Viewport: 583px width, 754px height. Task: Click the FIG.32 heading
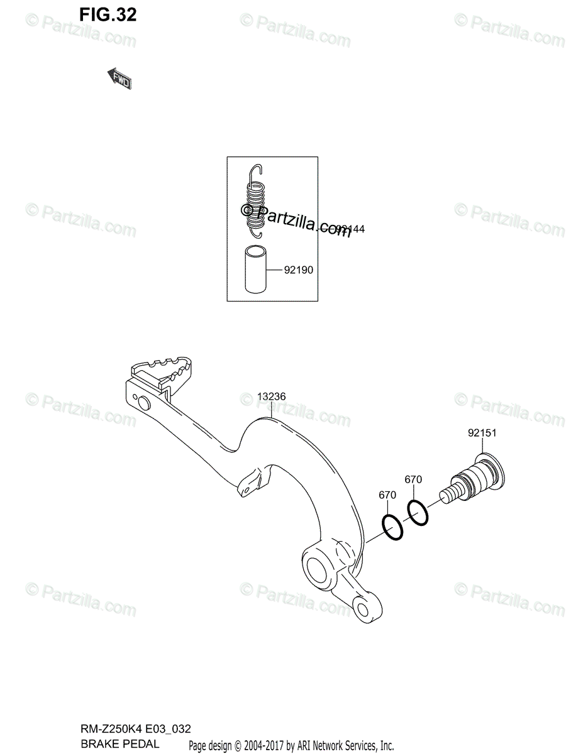(108, 15)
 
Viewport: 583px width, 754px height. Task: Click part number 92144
(350, 229)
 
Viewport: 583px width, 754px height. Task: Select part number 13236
(272, 397)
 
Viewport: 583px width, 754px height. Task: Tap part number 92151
(482, 433)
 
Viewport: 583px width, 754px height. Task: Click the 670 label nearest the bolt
(413, 480)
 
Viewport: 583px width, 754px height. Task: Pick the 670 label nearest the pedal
(387, 495)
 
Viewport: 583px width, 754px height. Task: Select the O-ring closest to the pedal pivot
(392, 527)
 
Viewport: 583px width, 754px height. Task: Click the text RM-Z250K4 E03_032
(135, 729)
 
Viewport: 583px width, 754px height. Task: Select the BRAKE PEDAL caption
(119, 743)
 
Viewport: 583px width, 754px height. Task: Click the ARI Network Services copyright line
(291, 745)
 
